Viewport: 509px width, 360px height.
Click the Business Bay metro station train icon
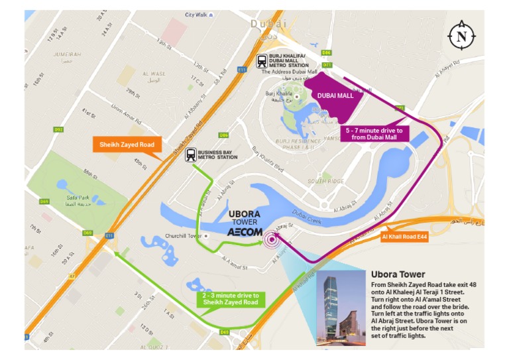pyautogui.click(x=191, y=154)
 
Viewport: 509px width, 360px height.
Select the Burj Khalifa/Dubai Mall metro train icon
pyautogui.click(x=263, y=60)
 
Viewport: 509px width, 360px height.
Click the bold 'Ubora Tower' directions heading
pyautogui.click(x=398, y=274)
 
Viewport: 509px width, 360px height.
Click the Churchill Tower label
pyautogui.click(x=183, y=235)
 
